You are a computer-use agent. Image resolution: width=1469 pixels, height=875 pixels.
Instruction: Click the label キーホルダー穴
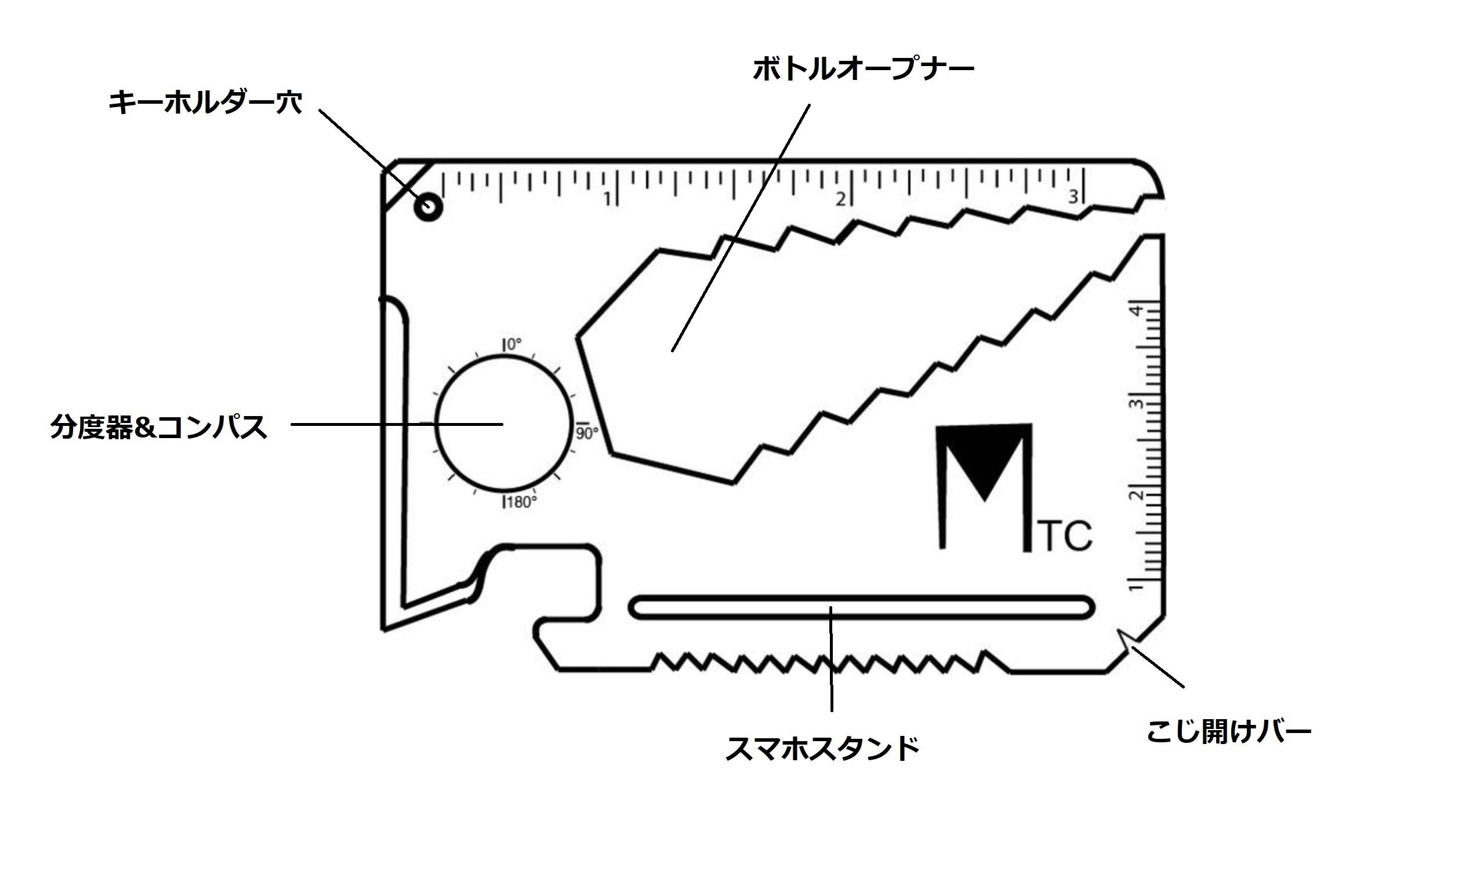(205, 103)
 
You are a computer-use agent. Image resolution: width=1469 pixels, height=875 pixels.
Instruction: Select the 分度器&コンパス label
(159, 427)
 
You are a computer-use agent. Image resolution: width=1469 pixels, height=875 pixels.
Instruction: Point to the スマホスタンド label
(822, 749)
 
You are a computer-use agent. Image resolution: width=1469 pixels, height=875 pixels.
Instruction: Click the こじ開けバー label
(1228, 732)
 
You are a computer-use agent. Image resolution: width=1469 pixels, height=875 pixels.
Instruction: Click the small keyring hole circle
(428, 207)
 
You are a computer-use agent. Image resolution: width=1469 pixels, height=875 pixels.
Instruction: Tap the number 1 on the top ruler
(607, 199)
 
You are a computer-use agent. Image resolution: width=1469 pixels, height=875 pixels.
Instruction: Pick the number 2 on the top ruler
(840, 199)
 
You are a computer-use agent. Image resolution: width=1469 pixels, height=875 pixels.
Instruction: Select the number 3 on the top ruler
(1073, 196)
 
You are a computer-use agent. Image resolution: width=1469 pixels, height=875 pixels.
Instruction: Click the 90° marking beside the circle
(587, 433)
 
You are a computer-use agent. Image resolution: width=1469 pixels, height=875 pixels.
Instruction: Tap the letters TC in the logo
(1065, 536)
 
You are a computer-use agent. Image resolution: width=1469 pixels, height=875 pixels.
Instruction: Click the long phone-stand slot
(861, 607)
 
